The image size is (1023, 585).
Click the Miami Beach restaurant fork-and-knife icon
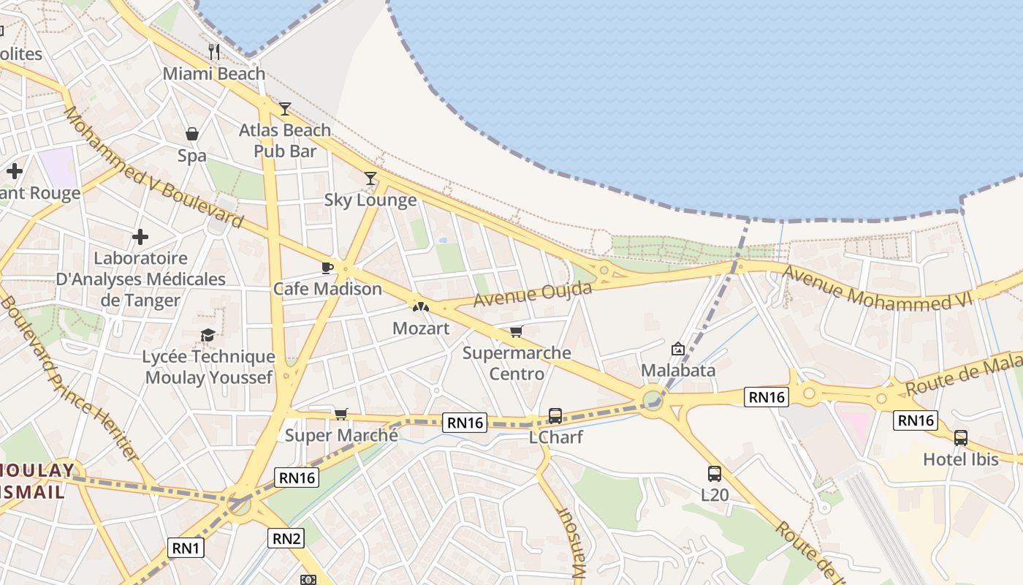tap(213, 51)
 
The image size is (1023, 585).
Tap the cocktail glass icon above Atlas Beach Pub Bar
tap(285, 109)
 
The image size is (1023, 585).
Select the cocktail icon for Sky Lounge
tap(370, 178)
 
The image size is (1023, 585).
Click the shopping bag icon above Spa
tap(192, 134)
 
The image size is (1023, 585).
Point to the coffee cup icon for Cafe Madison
tap(327, 268)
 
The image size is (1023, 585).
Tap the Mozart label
tap(421, 328)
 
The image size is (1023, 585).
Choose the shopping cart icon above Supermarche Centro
tap(517, 331)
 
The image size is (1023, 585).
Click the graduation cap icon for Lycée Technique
tap(208, 335)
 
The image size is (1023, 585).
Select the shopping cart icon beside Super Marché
tap(341, 415)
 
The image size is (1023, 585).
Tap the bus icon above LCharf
tap(555, 416)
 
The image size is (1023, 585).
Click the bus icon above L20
tap(715, 473)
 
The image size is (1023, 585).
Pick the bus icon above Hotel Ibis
tap(961, 438)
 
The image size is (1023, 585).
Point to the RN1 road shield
tap(186, 547)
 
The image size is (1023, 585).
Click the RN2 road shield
tap(286, 539)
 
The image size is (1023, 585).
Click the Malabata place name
tap(678, 370)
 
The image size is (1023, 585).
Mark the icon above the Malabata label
tap(678, 349)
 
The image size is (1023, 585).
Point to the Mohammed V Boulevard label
tap(153, 167)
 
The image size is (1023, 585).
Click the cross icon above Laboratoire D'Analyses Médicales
tap(140, 237)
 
